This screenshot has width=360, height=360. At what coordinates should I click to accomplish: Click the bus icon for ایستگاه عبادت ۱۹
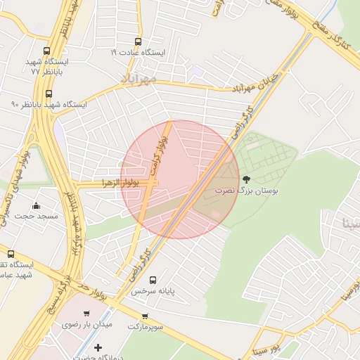[137, 41]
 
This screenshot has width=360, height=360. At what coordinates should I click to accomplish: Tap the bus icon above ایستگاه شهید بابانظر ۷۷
[47, 51]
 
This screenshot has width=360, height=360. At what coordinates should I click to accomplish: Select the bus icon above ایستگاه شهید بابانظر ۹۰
[49, 94]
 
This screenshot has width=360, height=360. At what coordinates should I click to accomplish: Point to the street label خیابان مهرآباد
[257, 82]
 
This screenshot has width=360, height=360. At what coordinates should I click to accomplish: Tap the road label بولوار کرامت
[161, 143]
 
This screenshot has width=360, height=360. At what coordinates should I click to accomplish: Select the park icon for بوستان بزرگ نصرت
[246, 179]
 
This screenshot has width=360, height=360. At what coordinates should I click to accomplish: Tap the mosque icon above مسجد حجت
[37, 205]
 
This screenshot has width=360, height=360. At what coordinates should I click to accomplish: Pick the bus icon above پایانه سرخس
[153, 279]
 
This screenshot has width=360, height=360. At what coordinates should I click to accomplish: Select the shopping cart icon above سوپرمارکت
[145, 316]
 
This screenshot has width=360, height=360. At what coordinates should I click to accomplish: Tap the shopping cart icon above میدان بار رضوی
[86, 314]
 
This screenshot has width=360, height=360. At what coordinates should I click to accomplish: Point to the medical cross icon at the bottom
[98, 347]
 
